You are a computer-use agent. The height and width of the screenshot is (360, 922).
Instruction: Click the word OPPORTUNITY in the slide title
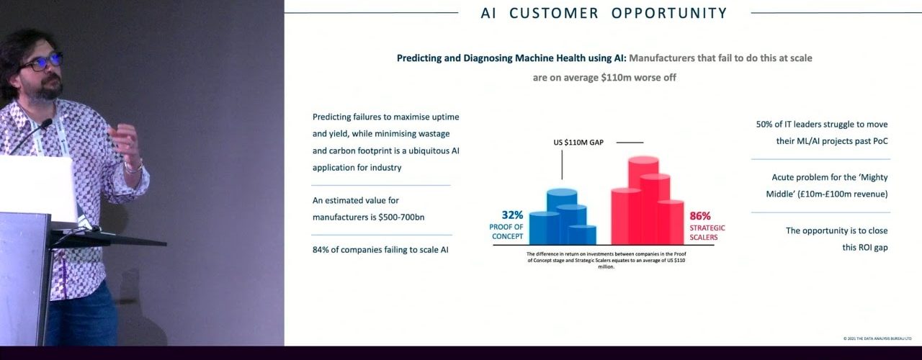click(x=669, y=13)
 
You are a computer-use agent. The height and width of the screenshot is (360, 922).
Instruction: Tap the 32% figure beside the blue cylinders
click(x=512, y=215)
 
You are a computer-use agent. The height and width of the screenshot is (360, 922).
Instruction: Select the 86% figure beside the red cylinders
click(x=700, y=215)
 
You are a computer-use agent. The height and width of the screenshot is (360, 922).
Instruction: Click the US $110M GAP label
click(x=578, y=143)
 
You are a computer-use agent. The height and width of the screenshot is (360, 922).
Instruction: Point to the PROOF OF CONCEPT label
click(x=506, y=232)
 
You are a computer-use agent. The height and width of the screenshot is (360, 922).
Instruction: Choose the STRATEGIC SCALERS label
click(x=707, y=233)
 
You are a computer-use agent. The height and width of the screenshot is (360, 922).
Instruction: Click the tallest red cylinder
click(x=643, y=198)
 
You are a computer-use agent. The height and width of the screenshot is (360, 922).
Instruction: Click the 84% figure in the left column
click(x=321, y=251)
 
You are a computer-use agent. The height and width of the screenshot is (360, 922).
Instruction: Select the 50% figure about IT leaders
click(x=765, y=125)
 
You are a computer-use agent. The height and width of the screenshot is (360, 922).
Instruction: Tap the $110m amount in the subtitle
click(x=619, y=78)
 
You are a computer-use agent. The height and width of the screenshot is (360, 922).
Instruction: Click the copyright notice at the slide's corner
click(x=877, y=338)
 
